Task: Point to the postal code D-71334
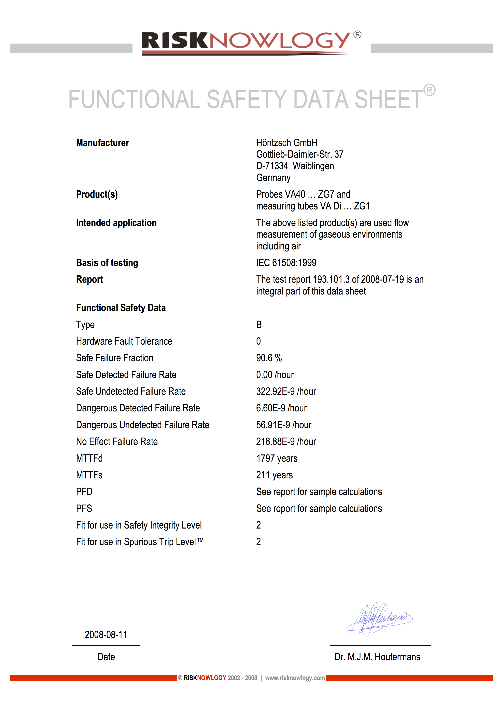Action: click(272, 166)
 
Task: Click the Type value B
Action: click(259, 325)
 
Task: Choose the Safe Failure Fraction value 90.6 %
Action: click(269, 358)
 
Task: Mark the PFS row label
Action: click(84, 509)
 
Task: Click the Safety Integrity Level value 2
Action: click(259, 525)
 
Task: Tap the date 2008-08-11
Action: click(106, 635)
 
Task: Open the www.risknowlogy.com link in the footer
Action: click(295, 678)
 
